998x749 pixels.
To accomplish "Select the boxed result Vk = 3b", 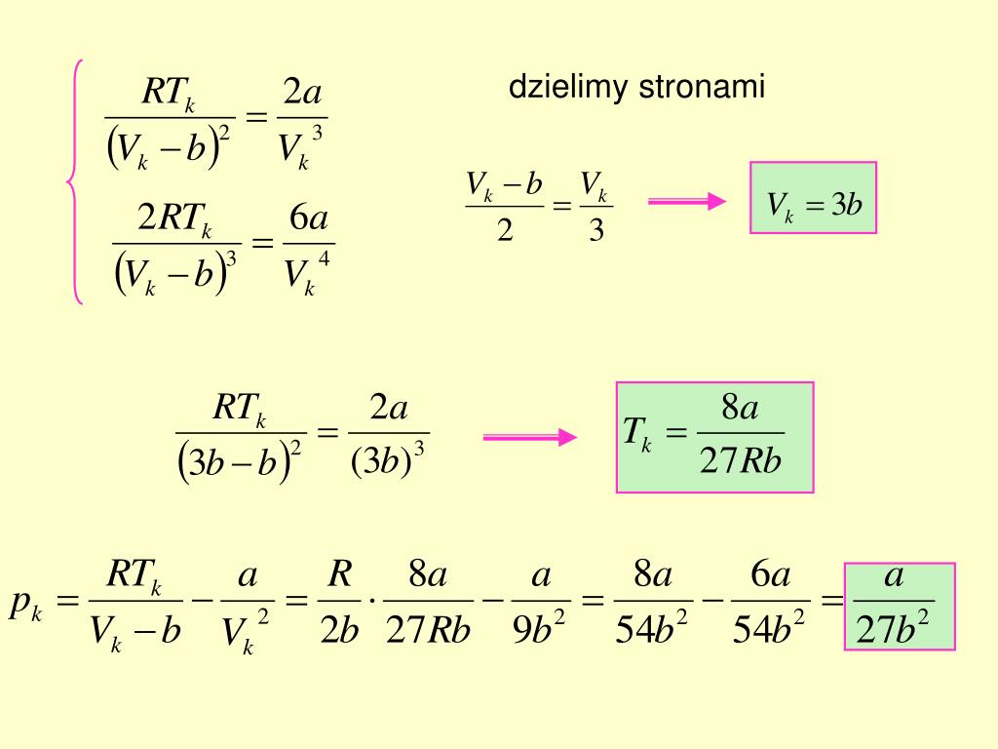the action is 813,198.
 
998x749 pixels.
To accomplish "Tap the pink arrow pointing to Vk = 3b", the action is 687,201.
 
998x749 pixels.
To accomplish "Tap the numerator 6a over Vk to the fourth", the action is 309,220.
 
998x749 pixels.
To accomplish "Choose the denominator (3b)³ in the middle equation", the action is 388,459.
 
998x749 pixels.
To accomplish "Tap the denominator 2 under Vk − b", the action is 505,232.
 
